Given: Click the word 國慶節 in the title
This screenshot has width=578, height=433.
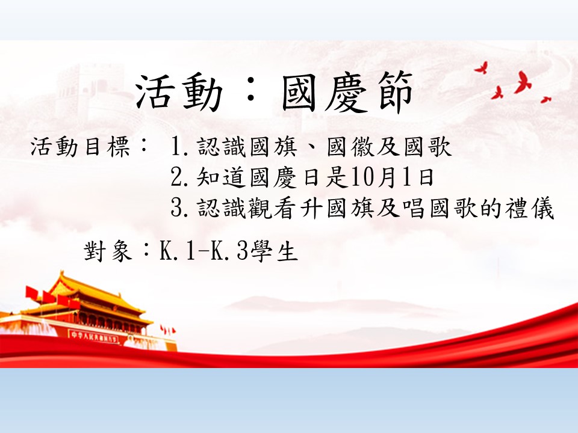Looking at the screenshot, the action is (x=347, y=92).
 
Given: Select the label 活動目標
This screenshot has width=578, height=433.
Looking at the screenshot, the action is (x=80, y=147).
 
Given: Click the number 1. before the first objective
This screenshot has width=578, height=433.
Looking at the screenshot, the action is (x=180, y=147).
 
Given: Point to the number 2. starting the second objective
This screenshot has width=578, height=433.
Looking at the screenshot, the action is (x=180, y=177).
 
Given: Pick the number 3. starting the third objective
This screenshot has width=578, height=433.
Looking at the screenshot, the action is (x=180, y=208).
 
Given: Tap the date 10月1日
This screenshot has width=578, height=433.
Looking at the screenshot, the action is (x=392, y=177).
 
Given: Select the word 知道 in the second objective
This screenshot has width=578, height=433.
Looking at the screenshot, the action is (x=221, y=177).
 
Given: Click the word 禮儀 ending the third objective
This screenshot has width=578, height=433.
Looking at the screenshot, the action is (x=530, y=208).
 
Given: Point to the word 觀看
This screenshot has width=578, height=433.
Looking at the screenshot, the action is (x=272, y=208).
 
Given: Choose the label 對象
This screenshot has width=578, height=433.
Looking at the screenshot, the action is (x=108, y=251).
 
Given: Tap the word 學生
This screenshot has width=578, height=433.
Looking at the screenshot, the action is (x=273, y=251).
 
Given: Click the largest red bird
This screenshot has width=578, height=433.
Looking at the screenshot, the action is (x=523, y=83).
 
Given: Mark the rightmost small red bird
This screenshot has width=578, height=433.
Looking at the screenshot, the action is (x=545, y=99).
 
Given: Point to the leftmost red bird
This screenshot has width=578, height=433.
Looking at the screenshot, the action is (x=482, y=68).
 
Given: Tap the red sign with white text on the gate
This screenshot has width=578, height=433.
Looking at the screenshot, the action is (x=94, y=337).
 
